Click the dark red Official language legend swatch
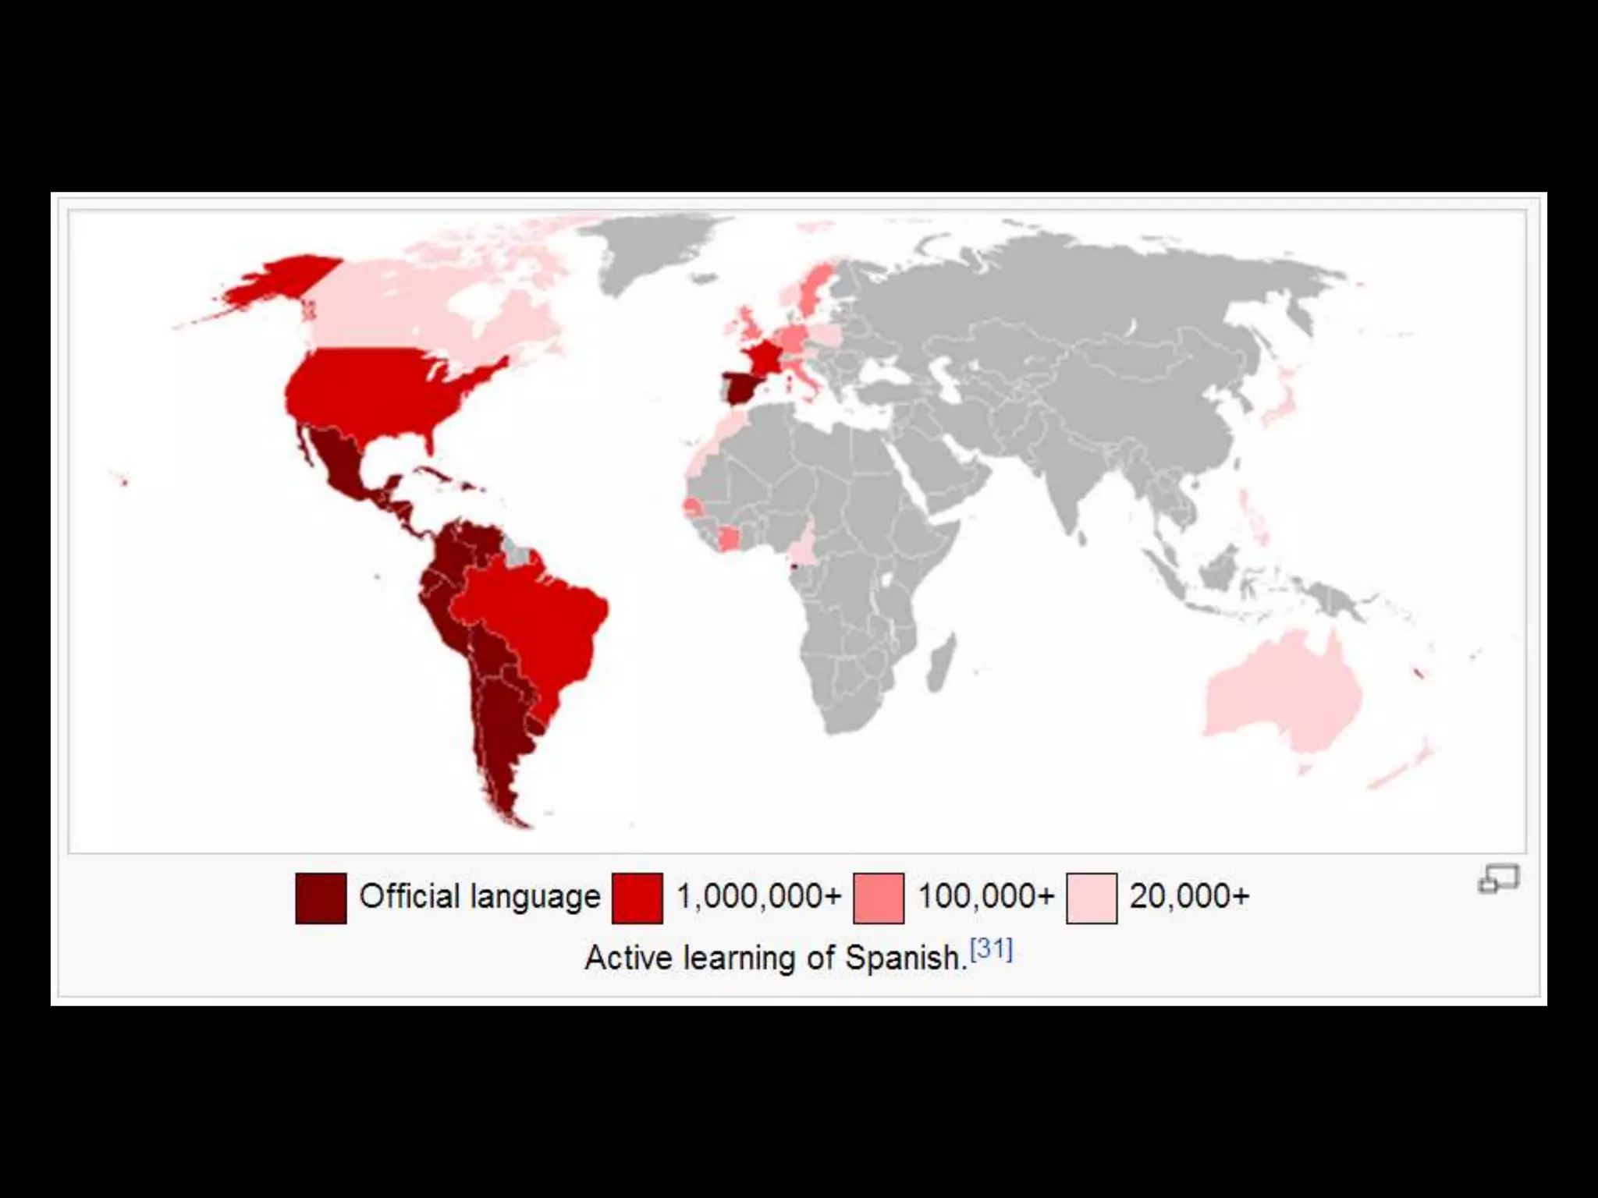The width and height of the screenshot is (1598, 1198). point(321,898)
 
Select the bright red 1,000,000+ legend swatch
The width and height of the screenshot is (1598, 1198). point(637,898)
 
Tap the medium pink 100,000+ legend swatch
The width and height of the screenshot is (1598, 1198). point(879,898)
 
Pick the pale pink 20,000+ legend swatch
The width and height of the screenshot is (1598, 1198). point(1092,898)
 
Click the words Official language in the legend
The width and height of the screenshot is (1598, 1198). point(479,897)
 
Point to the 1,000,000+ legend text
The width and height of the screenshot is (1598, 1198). point(758,897)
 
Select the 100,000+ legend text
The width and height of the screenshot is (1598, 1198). point(985,897)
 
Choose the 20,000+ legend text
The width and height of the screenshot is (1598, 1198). point(1189,897)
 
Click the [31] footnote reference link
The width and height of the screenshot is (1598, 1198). point(991,949)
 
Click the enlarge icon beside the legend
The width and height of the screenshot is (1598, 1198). point(1498,879)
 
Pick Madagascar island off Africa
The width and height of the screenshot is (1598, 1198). point(941,663)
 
